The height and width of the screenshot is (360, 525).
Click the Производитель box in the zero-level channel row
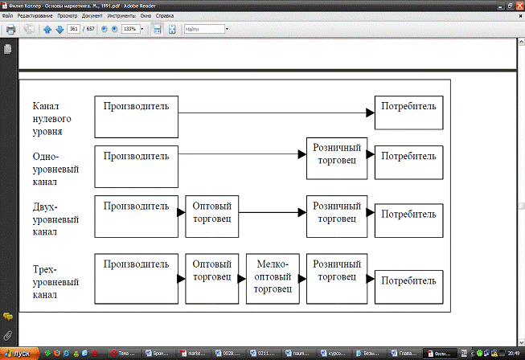click(x=136, y=117)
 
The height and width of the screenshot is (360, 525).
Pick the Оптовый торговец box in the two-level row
click(x=212, y=215)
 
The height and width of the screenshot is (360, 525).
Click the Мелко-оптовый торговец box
click(x=273, y=279)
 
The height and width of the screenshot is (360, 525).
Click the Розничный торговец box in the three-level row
click(x=337, y=279)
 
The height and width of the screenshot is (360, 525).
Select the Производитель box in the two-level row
click(x=136, y=215)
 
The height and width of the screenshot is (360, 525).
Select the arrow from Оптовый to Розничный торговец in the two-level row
click(x=273, y=213)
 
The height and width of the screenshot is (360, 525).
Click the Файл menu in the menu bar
click(x=8, y=16)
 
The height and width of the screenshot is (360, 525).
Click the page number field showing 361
click(x=73, y=29)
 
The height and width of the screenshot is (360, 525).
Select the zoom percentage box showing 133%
click(x=130, y=29)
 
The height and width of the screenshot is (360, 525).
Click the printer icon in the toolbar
click(x=10, y=30)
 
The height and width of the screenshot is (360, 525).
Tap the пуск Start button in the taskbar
click(x=18, y=353)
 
